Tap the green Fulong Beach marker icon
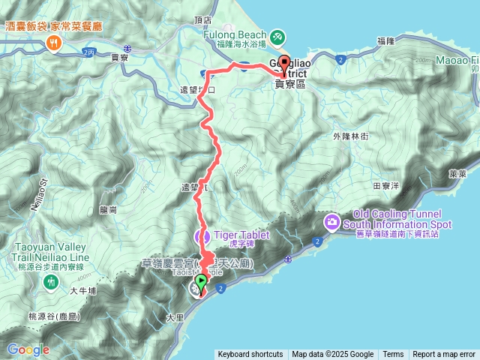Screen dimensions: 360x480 [x=277, y=35]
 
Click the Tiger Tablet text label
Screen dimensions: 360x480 [x=241, y=233]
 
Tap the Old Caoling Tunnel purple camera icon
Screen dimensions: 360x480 [x=331, y=222]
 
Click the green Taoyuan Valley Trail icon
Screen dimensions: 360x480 [x=51, y=282]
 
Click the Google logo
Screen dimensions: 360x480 [x=28, y=349]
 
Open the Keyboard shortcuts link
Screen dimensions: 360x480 [x=250, y=355]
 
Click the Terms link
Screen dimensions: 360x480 [x=393, y=355]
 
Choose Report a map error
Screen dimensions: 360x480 [x=444, y=355]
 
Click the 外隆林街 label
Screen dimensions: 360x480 [x=350, y=136]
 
